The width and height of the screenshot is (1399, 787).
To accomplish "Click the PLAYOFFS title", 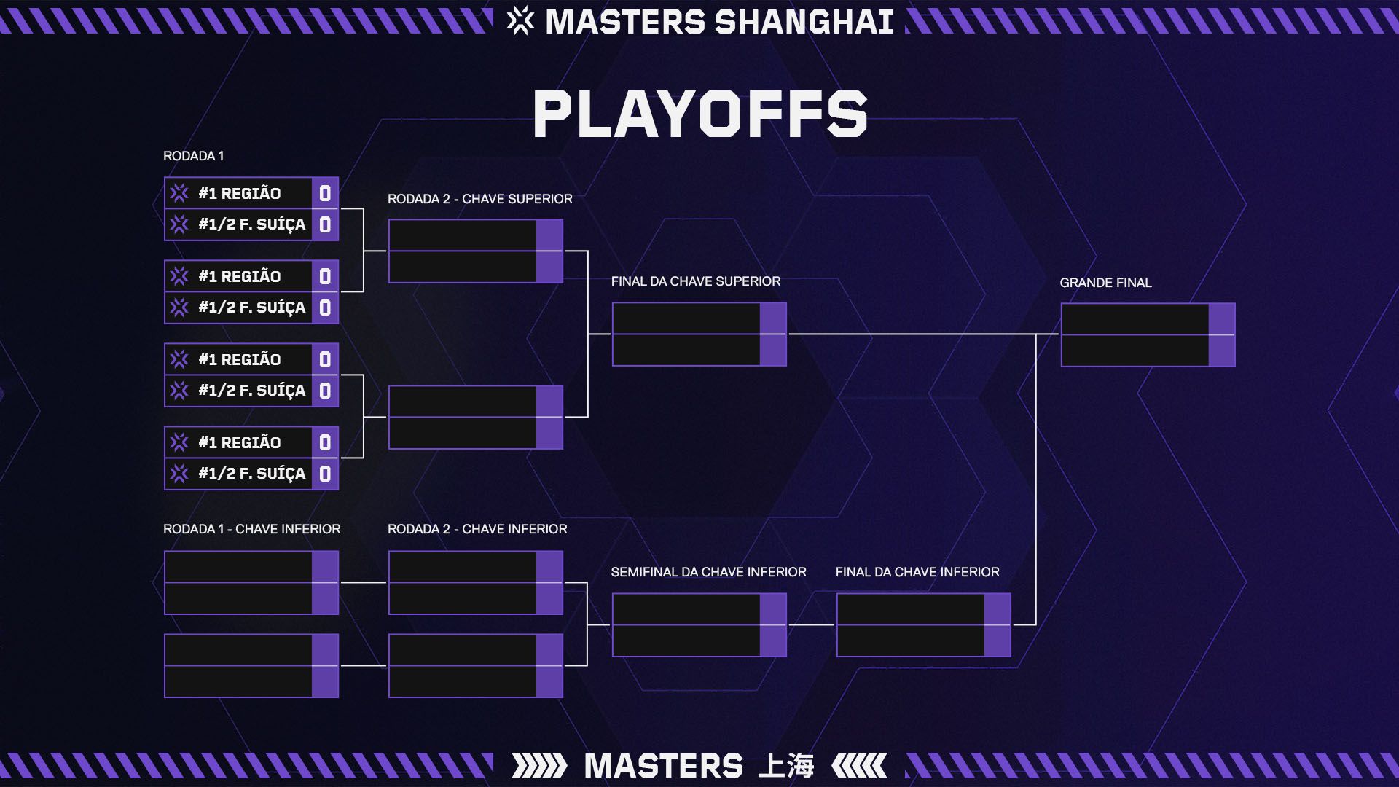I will pyautogui.click(x=699, y=114).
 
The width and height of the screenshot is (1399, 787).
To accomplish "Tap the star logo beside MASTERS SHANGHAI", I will pyautogui.click(x=520, y=21).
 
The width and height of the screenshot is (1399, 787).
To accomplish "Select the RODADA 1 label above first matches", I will pyautogui.click(x=193, y=156).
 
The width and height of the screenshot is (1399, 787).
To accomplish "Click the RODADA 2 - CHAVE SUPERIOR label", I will pyautogui.click(x=479, y=199).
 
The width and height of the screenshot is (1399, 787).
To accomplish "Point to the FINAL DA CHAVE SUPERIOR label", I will pyautogui.click(x=695, y=281).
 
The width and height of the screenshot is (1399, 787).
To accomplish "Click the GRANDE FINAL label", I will pyautogui.click(x=1105, y=283).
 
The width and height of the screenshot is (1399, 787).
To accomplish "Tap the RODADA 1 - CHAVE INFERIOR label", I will pyautogui.click(x=251, y=529).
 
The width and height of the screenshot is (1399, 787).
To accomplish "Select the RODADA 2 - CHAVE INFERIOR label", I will pyautogui.click(x=477, y=529).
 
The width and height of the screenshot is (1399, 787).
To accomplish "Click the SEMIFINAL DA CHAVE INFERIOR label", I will pyautogui.click(x=708, y=572).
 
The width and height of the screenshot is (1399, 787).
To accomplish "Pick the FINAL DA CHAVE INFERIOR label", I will pyautogui.click(x=917, y=572).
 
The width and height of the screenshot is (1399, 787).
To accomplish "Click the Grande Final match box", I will pyautogui.click(x=1148, y=335).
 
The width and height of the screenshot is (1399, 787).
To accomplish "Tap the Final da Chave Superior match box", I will pyautogui.click(x=699, y=334).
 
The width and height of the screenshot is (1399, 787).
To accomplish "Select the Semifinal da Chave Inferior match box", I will pyautogui.click(x=699, y=625).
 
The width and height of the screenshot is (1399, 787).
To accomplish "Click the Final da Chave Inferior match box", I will pyautogui.click(x=923, y=625).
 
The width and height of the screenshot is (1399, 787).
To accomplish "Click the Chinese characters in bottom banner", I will pyautogui.click(x=786, y=766).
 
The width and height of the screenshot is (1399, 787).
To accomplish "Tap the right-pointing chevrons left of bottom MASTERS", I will pyautogui.click(x=538, y=766).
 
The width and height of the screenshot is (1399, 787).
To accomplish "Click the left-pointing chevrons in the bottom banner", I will pyautogui.click(x=860, y=766).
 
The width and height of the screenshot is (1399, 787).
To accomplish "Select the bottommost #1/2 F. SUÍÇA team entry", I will pyautogui.click(x=251, y=474).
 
